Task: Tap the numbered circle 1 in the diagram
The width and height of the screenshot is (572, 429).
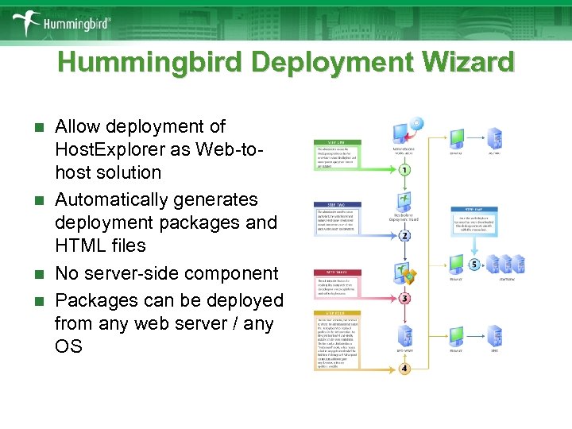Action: pos(404,170)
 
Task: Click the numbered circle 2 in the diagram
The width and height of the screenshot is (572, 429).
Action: pos(404,236)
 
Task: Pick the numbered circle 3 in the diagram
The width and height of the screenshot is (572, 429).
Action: pos(404,299)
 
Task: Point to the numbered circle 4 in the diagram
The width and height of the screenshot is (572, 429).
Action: pos(404,369)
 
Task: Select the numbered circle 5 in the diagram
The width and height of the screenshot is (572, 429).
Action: pos(473,265)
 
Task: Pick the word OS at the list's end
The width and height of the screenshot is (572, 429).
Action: pos(68,346)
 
